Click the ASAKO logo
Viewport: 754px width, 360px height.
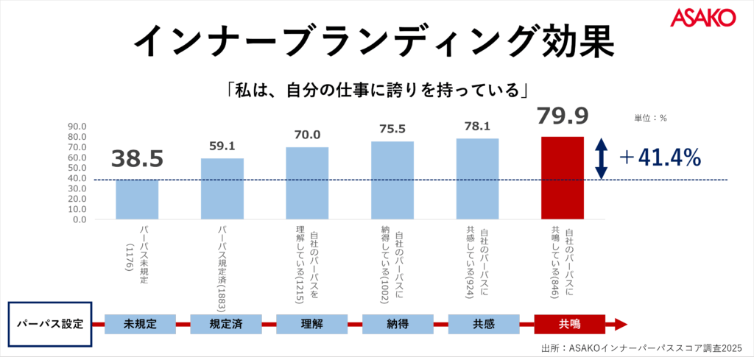point(703,18)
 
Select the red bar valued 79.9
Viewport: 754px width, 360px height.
point(563,177)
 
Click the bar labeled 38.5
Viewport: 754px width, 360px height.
point(137,199)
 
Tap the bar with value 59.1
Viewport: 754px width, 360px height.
point(222,188)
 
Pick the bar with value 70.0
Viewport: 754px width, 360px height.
point(307,183)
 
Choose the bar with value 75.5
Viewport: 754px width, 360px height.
point(392,180)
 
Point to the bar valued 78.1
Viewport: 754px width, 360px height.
point(477,178)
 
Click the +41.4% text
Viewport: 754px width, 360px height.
point(660,158)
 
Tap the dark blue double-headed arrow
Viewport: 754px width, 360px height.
point(601,158)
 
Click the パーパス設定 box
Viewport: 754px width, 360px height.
point(49,323)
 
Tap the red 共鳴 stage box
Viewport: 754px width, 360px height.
point(569,323)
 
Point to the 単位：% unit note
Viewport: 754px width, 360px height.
point(650,117)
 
